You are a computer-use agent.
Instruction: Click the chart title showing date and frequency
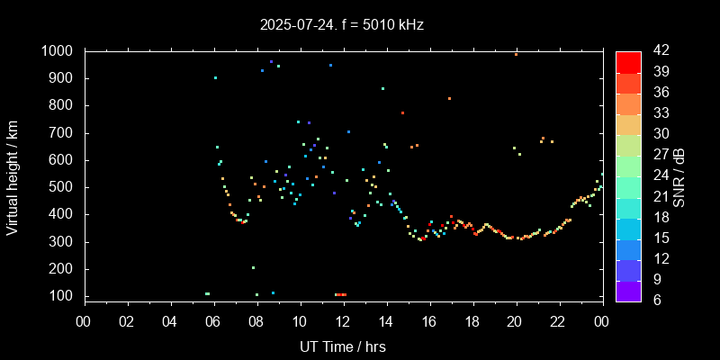340,24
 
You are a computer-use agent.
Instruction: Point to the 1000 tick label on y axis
58,51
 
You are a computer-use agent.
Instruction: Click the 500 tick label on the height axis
63,187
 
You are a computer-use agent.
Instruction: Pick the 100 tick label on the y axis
63,296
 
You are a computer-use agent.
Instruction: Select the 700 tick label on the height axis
63,133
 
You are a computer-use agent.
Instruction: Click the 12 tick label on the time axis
343,321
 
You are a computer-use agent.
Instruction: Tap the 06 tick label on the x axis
214,321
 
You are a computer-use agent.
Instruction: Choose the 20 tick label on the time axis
515,321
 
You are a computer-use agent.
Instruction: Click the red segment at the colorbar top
628,61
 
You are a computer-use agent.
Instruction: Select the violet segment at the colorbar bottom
628,291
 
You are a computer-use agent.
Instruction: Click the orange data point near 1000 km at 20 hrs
516,54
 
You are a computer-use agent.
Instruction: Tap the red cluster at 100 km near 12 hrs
340,294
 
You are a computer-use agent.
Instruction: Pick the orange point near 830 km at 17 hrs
449,99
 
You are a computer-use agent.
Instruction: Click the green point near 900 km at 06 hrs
215,78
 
